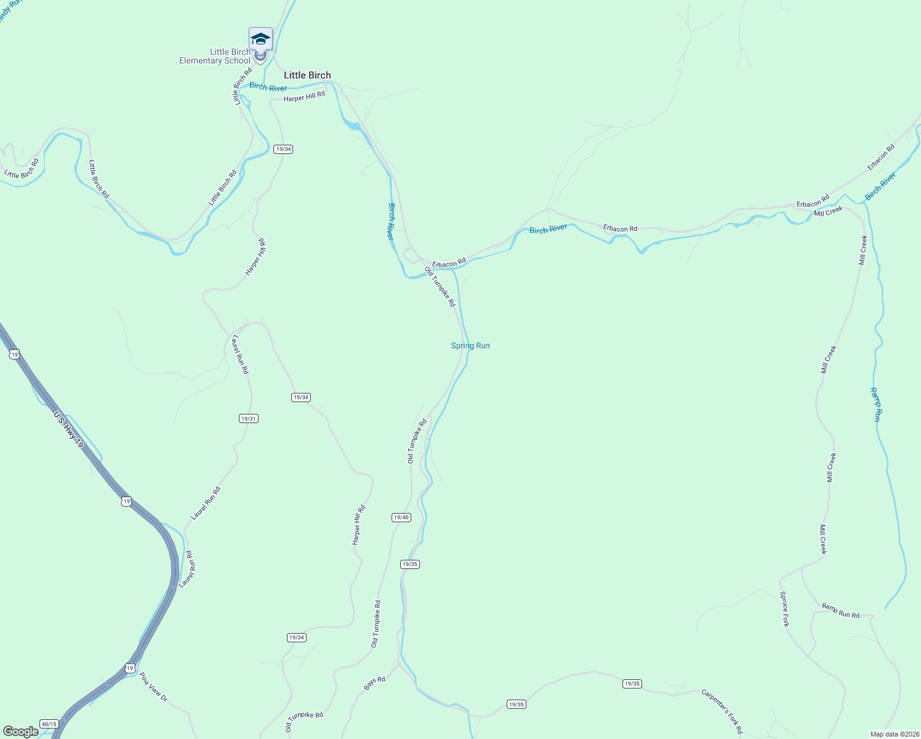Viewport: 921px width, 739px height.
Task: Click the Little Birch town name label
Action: (307, 75)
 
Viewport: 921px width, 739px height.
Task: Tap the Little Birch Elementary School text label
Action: (215, 56)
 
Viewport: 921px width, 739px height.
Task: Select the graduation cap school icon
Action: (260, 39)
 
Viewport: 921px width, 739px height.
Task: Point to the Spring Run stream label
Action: (470, 345)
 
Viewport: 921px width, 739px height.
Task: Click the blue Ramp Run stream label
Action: (877, 404)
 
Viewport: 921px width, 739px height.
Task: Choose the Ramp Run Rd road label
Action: (840, 610)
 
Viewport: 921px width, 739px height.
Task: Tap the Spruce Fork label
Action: (784, 609)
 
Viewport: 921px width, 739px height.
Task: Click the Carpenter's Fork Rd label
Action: (722, 711)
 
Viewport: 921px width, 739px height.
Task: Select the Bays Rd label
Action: (374, 683)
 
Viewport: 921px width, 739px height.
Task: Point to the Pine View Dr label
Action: (153, 687)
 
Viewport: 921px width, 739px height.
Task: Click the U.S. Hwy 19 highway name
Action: (68, 429)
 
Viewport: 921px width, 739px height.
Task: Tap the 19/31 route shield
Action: (248, 419)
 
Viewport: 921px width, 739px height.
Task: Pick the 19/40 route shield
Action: (401, 517)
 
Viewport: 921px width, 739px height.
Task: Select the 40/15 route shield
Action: (49, 724)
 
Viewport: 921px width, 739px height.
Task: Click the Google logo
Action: (20, 732)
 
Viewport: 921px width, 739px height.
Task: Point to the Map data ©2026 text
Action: (894, 734)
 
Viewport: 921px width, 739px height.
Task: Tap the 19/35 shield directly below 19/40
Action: (409, 564)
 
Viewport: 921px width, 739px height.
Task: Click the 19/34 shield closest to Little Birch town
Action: (283, 149)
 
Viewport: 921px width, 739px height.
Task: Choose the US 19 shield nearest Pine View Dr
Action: (129, 668)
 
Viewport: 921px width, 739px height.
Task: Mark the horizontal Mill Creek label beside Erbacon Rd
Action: (827, 211)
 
